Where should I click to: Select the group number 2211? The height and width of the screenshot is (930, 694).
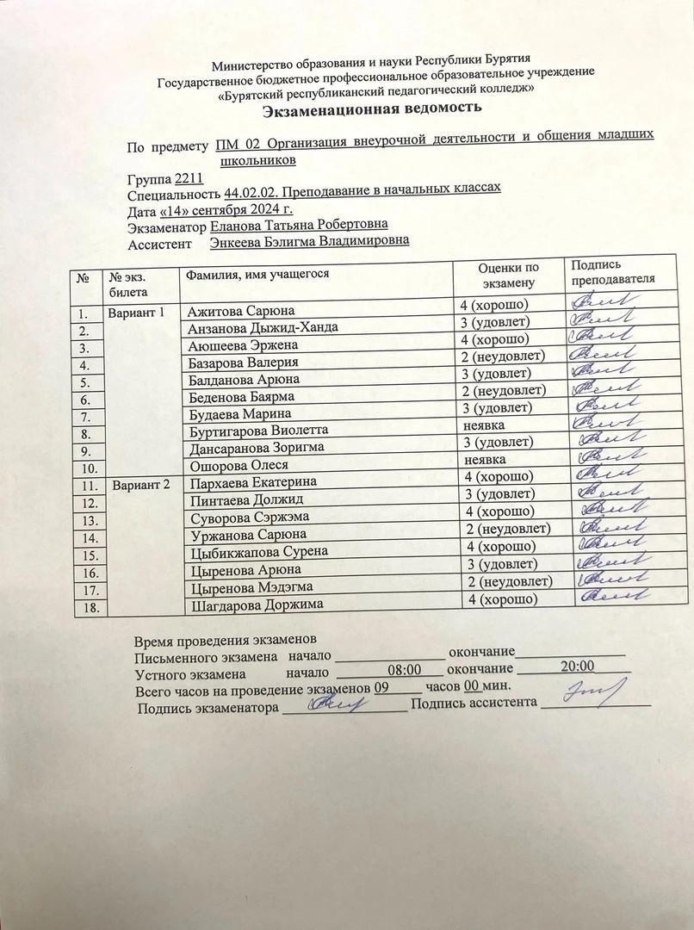[x=189, y=179]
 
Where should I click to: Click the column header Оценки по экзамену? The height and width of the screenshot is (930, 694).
[x=509, y=275]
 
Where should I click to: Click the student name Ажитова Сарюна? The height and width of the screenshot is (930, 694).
[x=242, y=311]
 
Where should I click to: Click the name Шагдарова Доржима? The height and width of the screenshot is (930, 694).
[x=257, y=604]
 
